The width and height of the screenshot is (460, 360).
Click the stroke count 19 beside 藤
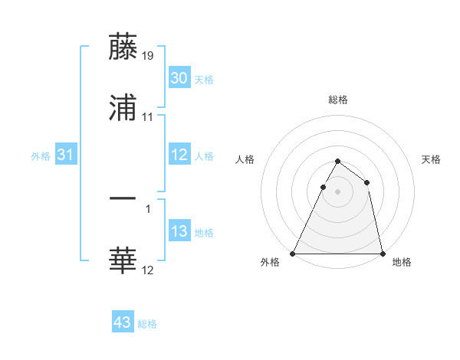pos(148,55)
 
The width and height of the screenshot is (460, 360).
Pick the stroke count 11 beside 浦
pos(148,117)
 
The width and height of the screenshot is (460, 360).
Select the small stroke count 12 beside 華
pos(148,270)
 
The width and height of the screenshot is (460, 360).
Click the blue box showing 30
pos(179,78)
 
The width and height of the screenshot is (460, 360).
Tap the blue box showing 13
pos(179,231)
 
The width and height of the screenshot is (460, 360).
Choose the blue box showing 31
pos(66,155)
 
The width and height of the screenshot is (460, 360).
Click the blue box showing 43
pos(123,322)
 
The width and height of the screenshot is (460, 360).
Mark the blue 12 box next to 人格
pos(179,155)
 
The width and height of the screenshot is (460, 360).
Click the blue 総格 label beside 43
pos(147,324)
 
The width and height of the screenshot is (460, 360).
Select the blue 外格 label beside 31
pos(41,156)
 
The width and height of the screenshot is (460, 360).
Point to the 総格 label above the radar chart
pos(338,100)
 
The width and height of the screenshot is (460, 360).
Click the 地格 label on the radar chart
pos(402,263)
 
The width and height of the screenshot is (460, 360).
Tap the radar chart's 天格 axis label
pos(432,159)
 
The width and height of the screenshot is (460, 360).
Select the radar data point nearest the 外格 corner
pos(293,254)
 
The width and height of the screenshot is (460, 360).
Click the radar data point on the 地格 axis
pos(382,254)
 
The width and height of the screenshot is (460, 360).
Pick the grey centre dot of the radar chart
pos(337,191)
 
